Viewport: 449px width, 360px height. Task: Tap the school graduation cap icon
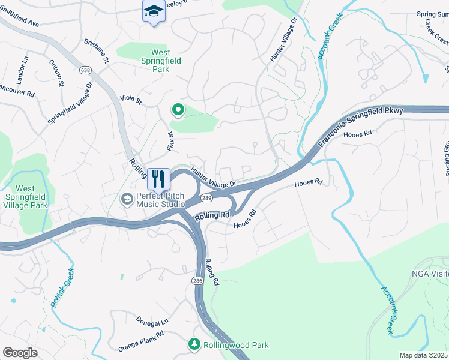[154, 11]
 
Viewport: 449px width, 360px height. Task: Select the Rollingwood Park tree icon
[194, 344]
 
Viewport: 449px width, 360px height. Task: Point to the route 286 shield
[197, 280]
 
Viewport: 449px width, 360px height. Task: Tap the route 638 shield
[85, 69]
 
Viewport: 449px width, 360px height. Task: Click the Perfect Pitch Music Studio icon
[127, 199]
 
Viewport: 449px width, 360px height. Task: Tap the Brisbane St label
[97, 52]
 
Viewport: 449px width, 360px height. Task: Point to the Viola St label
[130, 99]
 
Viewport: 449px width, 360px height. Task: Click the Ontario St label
[56, 73]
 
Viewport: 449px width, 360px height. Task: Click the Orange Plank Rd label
[141, 341]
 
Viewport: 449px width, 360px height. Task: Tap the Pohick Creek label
[62, 288]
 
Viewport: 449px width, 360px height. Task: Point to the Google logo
[20, 353]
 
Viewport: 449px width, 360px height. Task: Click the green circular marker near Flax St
[178, 110]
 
